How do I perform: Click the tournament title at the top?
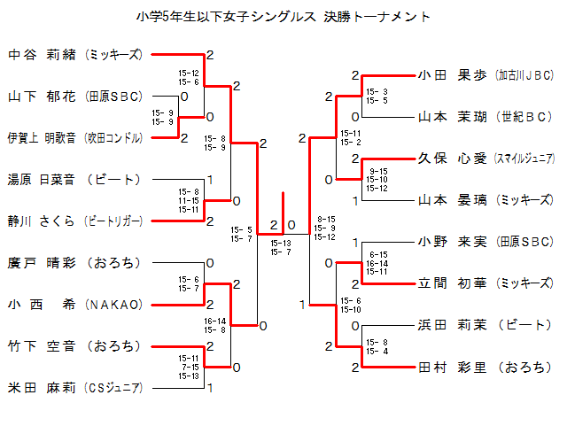(x=283, y=16)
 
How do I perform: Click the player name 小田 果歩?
(x=453, y=75)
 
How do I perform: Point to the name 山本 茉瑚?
(x=453, y=117)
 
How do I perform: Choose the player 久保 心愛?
(x=453, y=159)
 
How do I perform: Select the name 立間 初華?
(x=453, y=283)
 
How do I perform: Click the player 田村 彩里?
(x=453, y=367)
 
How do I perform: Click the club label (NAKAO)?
(x=113, y=304)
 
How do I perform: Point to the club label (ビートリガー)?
(x=113, y=221)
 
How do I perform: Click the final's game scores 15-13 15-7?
(x=281, y=247)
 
